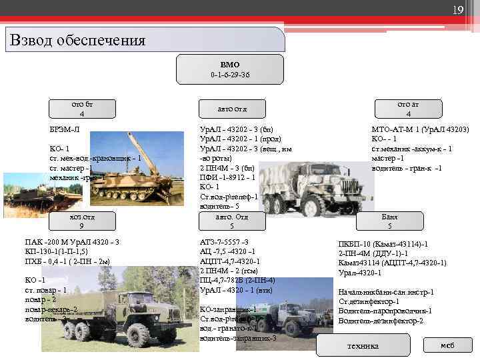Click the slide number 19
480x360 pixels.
[x=458, y=9]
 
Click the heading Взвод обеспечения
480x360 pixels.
[x=78, y=40]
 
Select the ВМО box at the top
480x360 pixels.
[x=229, y=69]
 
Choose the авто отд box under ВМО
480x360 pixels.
[x=232, y=109]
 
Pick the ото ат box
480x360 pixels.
[x=408, y=109]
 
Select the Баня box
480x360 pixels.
[x=389, y=221]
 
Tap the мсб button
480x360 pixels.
[x=447, y=345]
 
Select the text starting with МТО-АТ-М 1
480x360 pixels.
[x=420, y=129]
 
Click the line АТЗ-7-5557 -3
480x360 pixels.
[x=224, y=241]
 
